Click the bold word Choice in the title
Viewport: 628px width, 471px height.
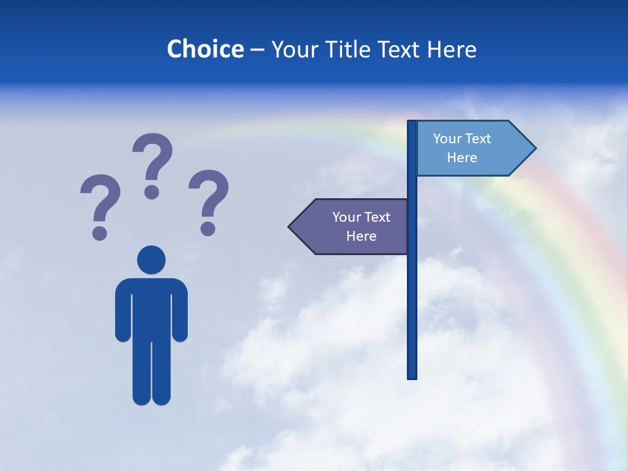click(x=205, y=49)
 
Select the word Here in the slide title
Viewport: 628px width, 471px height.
click(x=451, y=49)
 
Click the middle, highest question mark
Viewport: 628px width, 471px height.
click(x=152, y=160)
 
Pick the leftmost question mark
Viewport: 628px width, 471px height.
click(x=99, y=203)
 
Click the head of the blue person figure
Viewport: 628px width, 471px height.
click(x=151, y=260)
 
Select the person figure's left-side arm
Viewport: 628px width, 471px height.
click(x=122, y=311)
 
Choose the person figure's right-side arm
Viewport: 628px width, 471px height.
click(x=181, y=311)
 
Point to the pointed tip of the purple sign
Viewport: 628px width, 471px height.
click(x=292, y=226)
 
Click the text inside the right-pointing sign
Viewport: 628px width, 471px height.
click(x=462, y=148)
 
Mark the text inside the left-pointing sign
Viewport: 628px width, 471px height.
click(x=361, y=226)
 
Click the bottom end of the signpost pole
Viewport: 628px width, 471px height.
click(x=412, y=375)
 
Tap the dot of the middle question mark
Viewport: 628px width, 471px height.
click(x=152, y=192)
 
